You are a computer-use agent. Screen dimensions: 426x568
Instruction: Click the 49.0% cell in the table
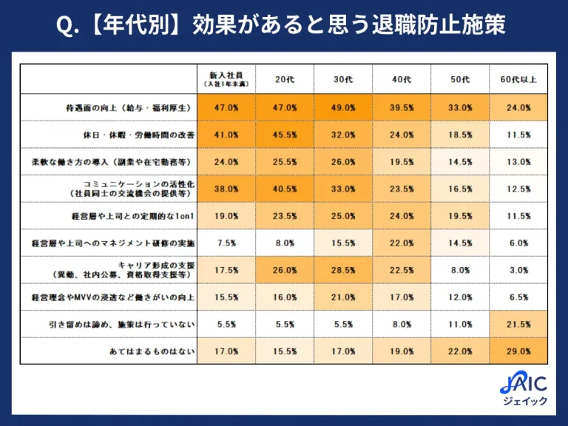coord(343,108)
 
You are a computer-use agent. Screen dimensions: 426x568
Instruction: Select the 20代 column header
coord(285,80)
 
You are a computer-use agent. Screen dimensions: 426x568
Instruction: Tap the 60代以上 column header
coord(518,80)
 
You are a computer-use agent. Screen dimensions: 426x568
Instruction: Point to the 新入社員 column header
coord(226,80)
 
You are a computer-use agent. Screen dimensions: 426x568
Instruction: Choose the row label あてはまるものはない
coord(150,351)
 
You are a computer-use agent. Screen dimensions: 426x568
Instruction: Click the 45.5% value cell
coord(285,135)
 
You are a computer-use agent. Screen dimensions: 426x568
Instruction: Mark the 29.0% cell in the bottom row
coord(518,351)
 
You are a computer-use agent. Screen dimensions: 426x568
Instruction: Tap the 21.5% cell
coord(518,325)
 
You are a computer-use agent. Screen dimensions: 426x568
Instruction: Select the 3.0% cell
coord(518,271)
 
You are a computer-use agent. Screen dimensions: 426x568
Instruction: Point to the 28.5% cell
coord(343,271)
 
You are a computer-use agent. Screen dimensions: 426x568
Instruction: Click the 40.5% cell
coord(285,189)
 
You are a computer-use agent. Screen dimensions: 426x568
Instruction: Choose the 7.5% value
coord(226,243)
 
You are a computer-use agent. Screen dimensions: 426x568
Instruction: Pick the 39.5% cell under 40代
coord(402,108)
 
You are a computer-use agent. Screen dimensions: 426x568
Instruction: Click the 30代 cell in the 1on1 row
coord(343,216)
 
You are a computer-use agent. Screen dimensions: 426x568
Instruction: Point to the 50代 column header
coord(460,80)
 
